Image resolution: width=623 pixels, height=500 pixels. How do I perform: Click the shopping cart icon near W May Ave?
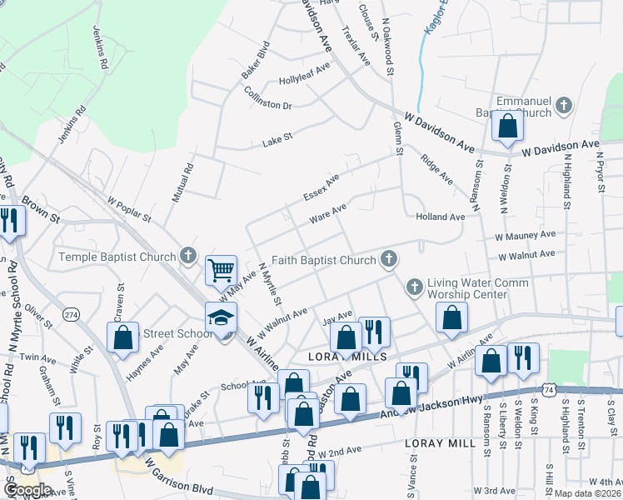click(221, 269)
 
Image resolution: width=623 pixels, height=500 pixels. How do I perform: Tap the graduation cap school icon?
click(222, 317)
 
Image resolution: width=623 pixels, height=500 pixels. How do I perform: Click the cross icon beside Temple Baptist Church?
click(189, 256)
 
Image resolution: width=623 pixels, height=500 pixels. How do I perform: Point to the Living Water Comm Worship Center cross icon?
click(415, 287)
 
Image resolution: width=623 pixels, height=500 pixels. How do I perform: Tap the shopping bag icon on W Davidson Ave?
click(507, 126)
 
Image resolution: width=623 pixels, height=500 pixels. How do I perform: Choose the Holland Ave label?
click(440, 217)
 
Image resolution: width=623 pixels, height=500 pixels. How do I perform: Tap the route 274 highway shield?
click(72, 314)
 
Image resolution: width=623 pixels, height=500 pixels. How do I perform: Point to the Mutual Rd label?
click(186, 179)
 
